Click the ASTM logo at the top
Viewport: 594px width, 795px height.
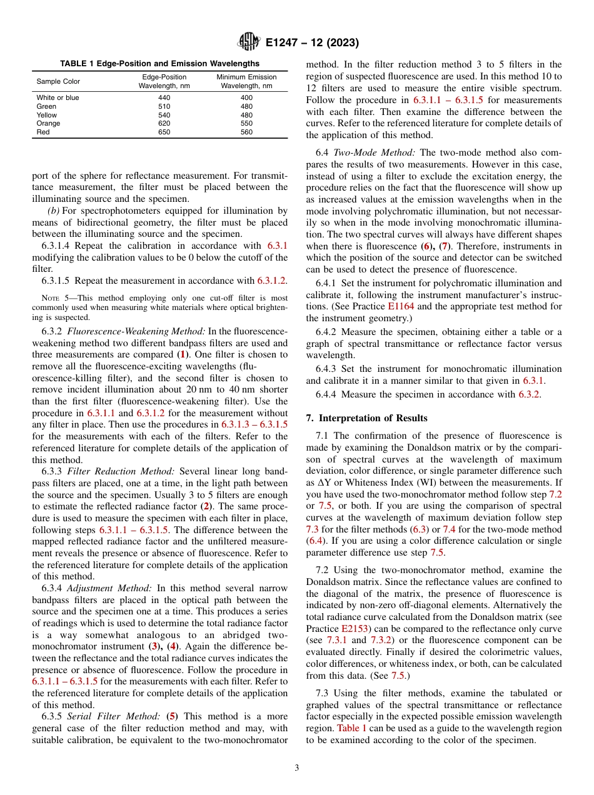click(x=249, y=42)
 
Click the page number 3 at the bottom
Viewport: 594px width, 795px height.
click(x=297, y=768)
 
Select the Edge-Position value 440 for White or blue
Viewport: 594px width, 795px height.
click(x=164, y=98)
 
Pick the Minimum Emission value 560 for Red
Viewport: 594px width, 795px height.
click(x=246, y=132)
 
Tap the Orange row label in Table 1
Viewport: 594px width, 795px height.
click(x=48, y=124)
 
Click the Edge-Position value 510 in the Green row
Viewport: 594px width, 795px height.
click(x=164, y=107)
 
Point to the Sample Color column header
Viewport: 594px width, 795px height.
click(x=58, y=82)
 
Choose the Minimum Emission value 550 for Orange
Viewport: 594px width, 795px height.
click(x=246, y=124)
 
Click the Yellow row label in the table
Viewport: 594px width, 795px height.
click(x=46, y=115)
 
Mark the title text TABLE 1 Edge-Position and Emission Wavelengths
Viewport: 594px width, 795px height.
click(x=159, y=64)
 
